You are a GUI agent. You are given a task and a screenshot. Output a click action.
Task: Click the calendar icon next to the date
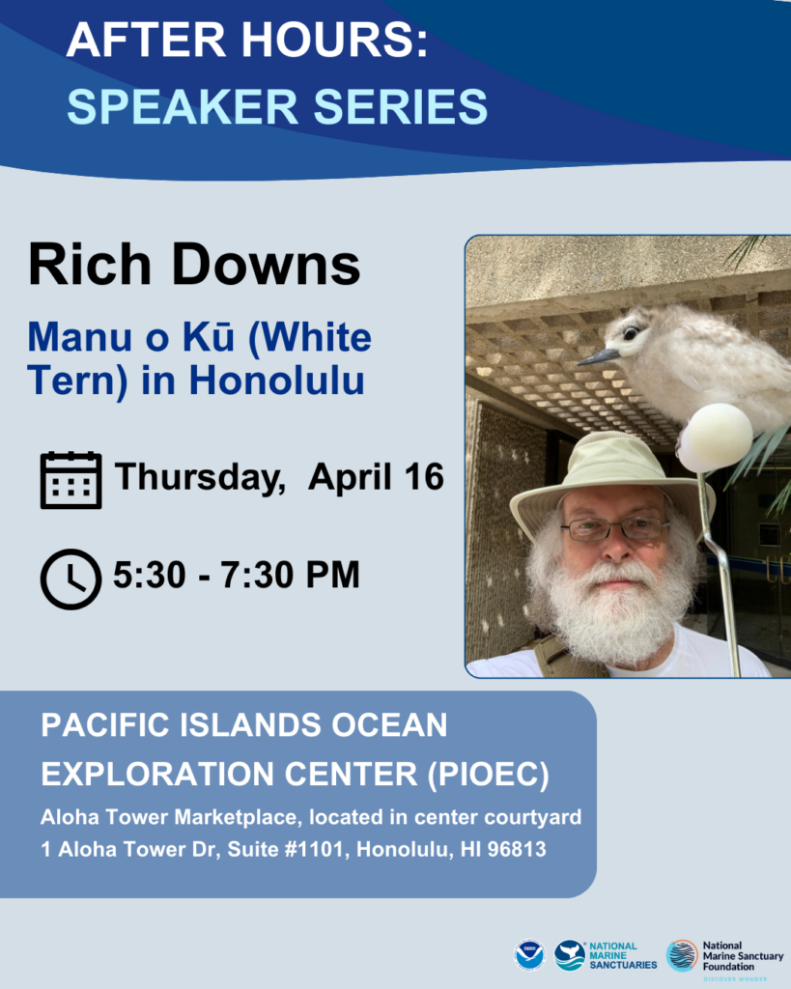[71, 480]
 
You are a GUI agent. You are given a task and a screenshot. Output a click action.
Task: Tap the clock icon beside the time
[71, 579]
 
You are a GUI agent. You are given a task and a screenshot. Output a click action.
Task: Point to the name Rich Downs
[194, 265]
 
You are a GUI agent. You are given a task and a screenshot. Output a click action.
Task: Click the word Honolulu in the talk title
[276, 381]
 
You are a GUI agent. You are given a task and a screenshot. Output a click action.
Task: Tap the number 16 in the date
[424, 476]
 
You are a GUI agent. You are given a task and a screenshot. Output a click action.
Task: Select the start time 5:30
[150, 575]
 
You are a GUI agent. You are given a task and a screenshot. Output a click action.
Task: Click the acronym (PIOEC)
[489, 774]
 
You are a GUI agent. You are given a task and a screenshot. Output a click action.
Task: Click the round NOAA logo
[530, 955]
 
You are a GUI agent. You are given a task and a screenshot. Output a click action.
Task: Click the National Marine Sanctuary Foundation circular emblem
[682, 955]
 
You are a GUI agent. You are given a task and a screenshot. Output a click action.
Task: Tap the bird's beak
[599, 357]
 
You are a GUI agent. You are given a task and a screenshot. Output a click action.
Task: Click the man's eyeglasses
[615, 528]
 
